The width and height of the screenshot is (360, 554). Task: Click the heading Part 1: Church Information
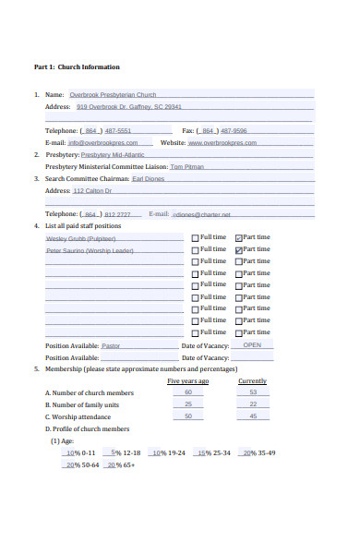pos(77,67)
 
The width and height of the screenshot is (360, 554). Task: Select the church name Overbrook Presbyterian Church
pos(114,94)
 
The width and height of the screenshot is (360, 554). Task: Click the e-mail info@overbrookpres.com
pos(103,143)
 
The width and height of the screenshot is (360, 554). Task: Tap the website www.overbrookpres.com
pos(222,143)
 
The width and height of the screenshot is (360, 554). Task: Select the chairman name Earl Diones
pos(150,178)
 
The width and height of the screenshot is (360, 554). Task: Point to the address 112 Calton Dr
pos(92,190)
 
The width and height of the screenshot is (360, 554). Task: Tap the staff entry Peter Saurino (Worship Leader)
pos(90,250)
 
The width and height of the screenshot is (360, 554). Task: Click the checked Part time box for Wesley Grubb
pos(238,237)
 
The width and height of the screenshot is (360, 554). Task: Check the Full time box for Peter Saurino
pos(195,249)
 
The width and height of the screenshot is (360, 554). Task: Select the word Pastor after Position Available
pos(111,345)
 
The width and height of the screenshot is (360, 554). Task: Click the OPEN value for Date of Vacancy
pos(252,344)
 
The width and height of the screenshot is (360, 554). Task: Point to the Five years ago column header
pos(187,380)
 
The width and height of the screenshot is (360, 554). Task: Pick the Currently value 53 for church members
pos(253,392)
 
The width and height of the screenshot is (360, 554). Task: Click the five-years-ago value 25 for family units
pos(188,404)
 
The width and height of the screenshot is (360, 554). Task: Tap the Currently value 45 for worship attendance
pos(253,416)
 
